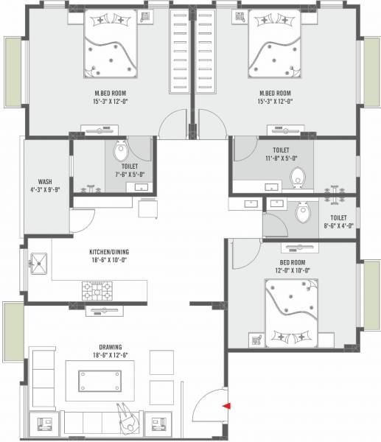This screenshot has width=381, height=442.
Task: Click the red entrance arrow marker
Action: coord(227,404)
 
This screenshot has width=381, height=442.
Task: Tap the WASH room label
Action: coord(44,183)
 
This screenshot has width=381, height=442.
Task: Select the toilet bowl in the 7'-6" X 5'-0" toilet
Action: coord(121,153)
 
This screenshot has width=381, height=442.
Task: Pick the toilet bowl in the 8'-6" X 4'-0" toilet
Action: coord(303,214)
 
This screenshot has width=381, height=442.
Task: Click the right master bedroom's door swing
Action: coord(214,124)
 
